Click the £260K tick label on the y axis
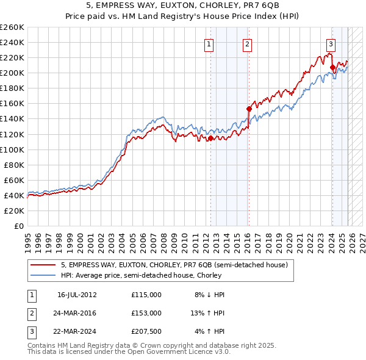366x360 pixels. coord(12,27)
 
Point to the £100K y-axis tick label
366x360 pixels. coord(12,149)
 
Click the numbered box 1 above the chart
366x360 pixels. coord(209,43)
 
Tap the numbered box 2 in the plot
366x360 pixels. coord(248,43)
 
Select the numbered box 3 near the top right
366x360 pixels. coord(331,43)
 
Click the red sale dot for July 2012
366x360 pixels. coord(210,139)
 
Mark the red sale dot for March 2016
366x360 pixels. coord(249,109)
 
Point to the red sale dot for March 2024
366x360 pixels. coord(332,68)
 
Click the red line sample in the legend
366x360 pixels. coord(44,265)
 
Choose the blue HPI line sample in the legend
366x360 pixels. coord(44,275)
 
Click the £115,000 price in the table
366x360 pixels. coord(146,295)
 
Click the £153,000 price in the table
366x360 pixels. coord(146,313)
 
